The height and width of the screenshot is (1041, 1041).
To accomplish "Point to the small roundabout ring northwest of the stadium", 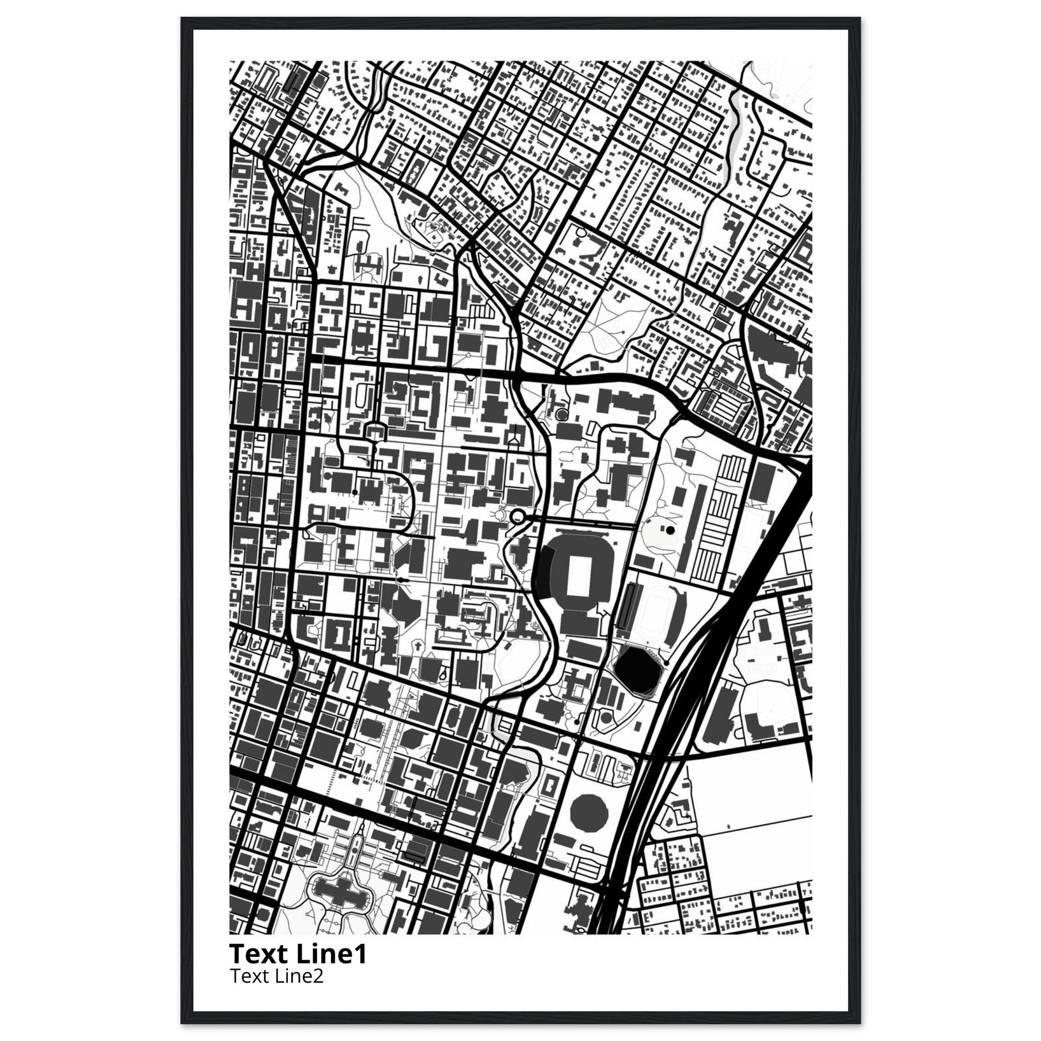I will [519, 517].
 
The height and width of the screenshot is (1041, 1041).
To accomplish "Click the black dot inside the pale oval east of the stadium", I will [670, 530].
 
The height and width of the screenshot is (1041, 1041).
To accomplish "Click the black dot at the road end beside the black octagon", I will [666, 662].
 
